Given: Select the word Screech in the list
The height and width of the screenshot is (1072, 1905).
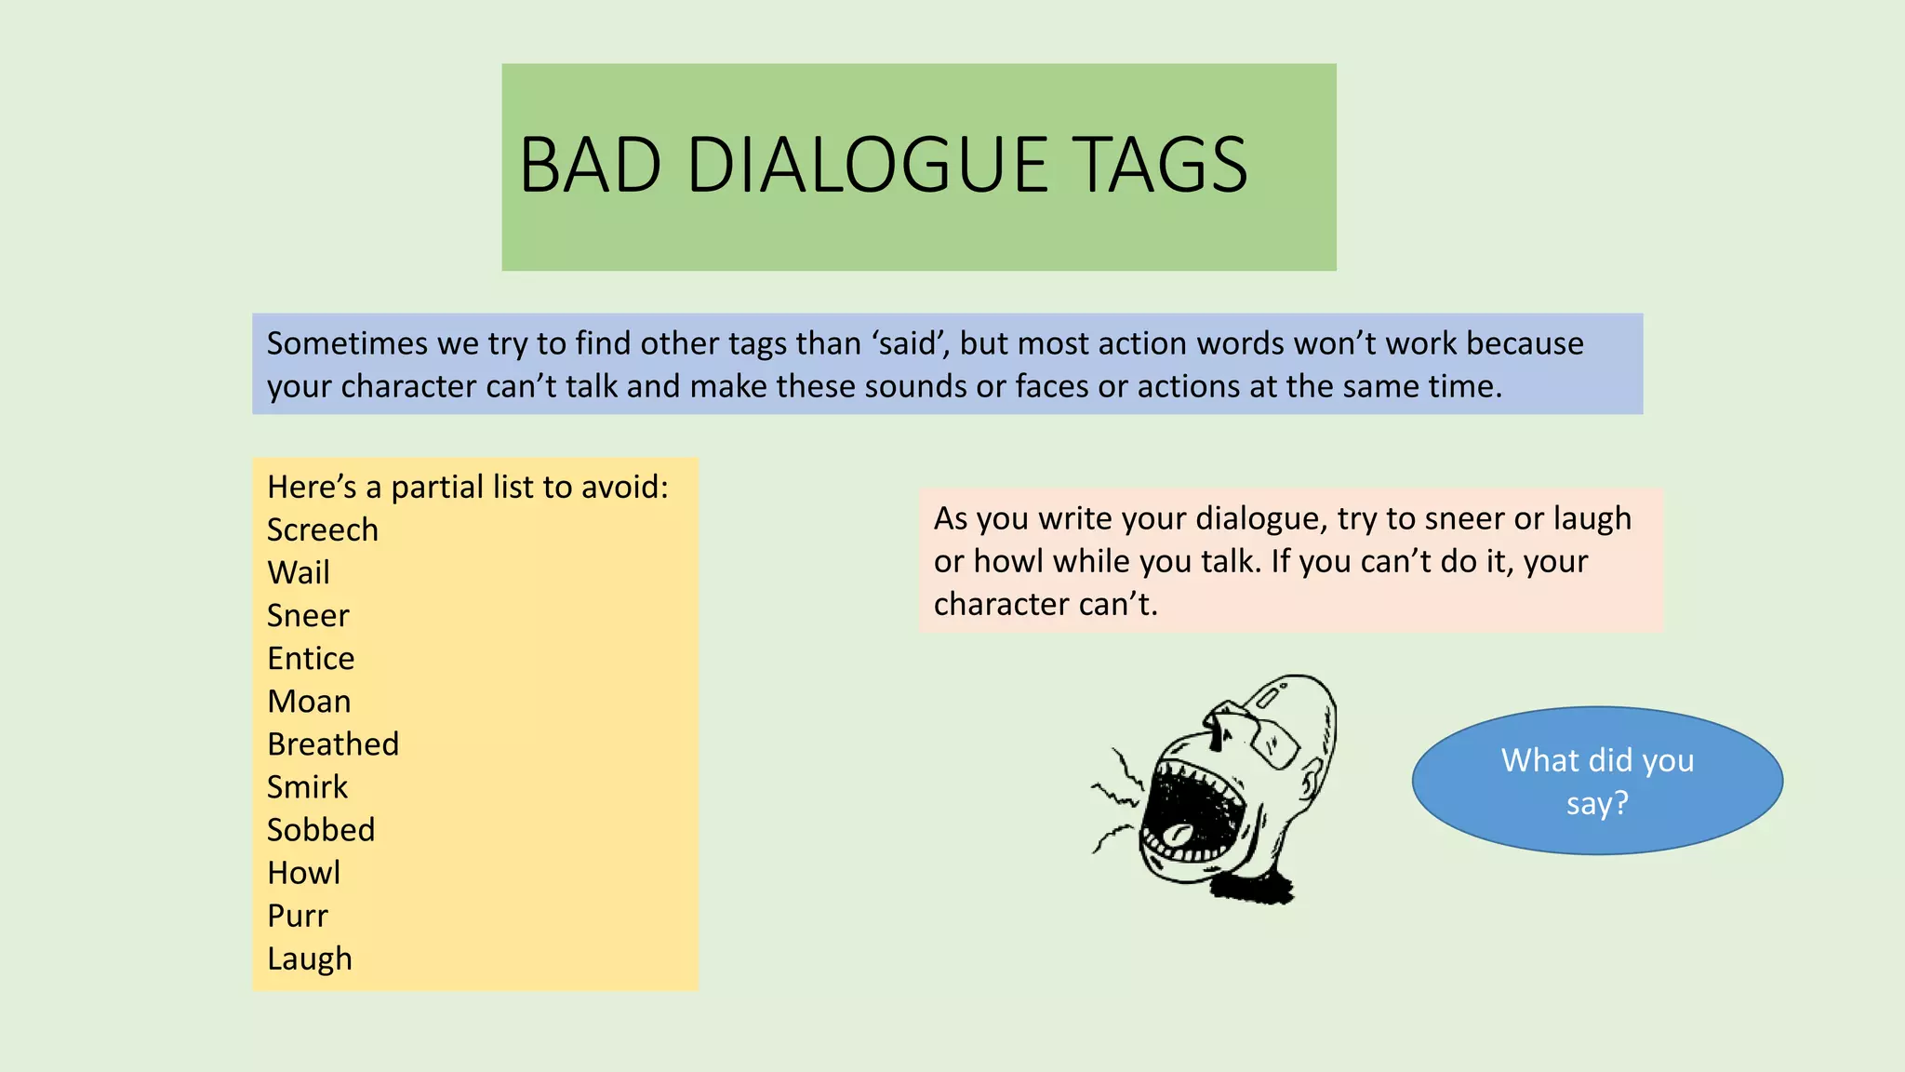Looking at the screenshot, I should click(x=323, y=530).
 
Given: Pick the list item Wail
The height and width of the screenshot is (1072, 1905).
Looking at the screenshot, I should click(x=299, y=573).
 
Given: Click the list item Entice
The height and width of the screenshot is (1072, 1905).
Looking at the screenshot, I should click(x=311, y=659).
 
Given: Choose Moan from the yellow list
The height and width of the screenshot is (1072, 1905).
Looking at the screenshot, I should click(x=309, y=702).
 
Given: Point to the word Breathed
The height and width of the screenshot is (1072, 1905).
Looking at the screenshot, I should click(x=333, y=744).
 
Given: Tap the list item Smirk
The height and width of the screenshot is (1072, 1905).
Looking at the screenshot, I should click(x=307, y=787).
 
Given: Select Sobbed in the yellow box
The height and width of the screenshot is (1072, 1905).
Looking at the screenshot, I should click(x=321, y=830).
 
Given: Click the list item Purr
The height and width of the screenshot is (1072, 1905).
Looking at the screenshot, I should click(x=298, y=916).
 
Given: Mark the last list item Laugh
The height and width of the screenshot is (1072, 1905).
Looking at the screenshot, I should click(x=310, y=959).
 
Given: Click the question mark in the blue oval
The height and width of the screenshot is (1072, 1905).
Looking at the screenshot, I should click(x=1620, y=803).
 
